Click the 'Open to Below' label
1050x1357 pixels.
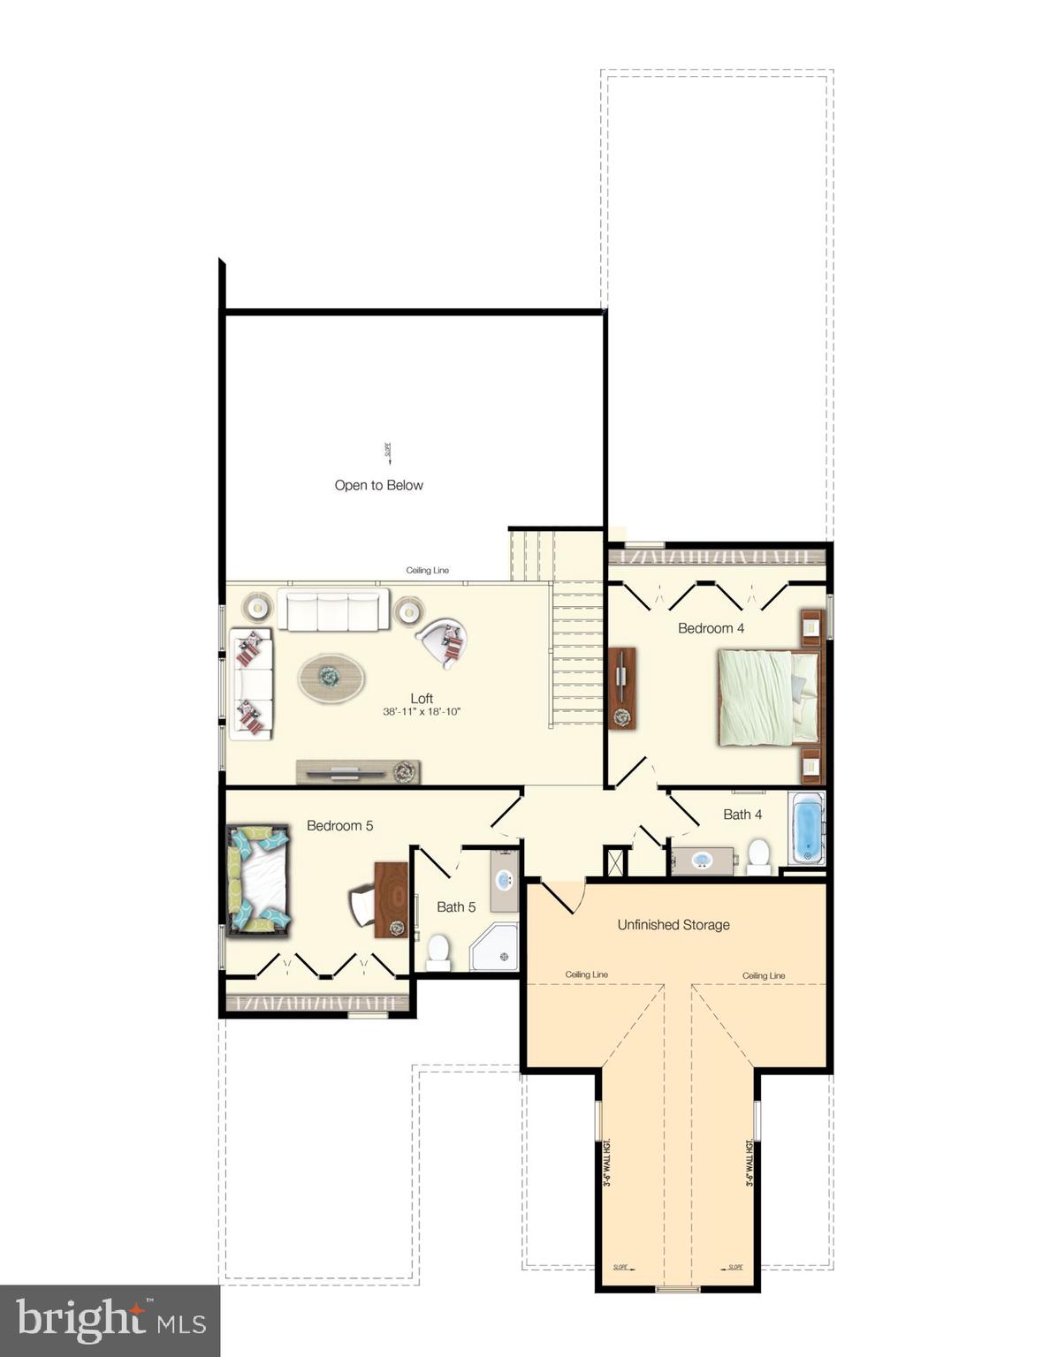click(x=378, y=485)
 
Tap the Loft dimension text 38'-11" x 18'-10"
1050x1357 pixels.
click(x=422, y=712)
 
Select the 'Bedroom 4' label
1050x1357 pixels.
click(x=711, y=628)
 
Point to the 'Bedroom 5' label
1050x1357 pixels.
click(x=339, y=825)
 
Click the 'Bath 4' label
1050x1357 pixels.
click(x=742, y=815)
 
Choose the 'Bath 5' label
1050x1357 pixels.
click(x=456, y=906)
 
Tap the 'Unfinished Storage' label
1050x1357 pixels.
click(x=673, y=925)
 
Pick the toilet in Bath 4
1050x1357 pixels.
click(x=758, y=855)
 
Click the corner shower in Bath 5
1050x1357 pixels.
click(x=494, y=948)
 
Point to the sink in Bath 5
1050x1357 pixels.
click(x=504, y=880)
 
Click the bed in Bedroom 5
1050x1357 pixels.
click(x=259, y=880)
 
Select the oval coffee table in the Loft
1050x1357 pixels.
click(x=331, y=678)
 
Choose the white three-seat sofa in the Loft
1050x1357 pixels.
click(x=333, y=610)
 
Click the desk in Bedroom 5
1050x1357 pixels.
click(x=392, y=899)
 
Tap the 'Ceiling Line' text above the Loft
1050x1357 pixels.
click(x=427, y=571)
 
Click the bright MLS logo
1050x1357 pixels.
click(x=110, y=1321)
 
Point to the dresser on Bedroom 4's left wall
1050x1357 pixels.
click(x=622, y=688)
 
